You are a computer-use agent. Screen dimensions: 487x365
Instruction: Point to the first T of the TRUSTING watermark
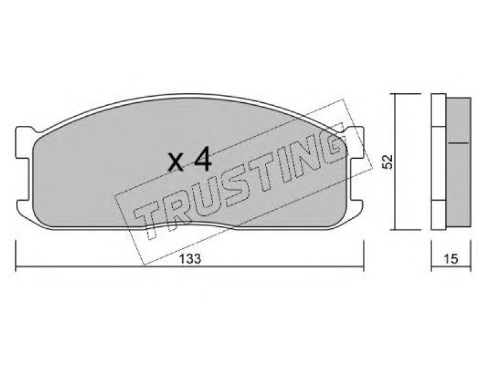152,219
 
